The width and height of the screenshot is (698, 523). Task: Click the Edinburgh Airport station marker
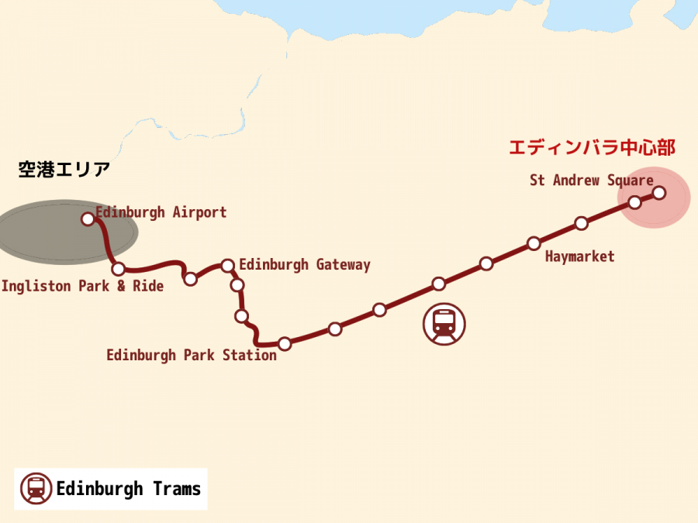click(88, 219)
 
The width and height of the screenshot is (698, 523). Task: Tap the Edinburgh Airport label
click(161, 212)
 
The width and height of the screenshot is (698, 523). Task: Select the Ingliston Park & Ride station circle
click(119, 269)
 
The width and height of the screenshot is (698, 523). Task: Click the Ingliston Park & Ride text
click(82, 286)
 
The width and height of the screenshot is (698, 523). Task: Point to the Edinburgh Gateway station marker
click(228, 266)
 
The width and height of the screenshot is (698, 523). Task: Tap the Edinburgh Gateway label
click(304, 265)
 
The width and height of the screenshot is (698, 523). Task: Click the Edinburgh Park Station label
click(191, 356)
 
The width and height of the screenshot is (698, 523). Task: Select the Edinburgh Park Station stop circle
click(285, 343)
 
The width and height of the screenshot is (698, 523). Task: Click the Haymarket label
click(579, 256)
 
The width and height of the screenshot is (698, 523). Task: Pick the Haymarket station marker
click(534, 243)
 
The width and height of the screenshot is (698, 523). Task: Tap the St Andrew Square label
click(591, 181)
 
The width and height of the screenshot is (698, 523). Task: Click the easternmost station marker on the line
click(659, 192)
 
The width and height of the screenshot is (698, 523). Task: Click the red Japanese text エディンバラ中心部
click(591, 147)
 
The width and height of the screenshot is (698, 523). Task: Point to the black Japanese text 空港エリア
click(64, 170)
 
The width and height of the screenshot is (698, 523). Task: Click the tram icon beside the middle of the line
click(444, 324)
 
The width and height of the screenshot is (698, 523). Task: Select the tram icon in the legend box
click(36, 489)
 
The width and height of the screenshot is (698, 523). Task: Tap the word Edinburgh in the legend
click(100, 489)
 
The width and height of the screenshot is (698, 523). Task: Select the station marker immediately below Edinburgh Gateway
click(237, 285)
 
